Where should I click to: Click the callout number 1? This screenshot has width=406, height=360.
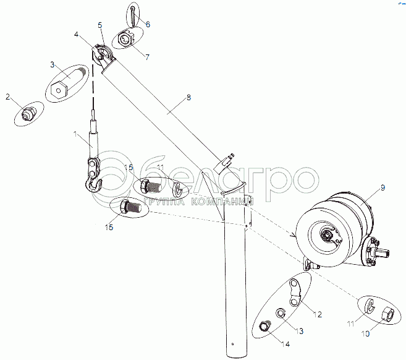(x=75, y=134)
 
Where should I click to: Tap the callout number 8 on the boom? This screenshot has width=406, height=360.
(x=188, y=97)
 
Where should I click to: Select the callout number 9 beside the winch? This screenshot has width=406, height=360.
(x=383, y=187)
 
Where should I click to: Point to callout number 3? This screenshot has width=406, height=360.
(x=53, y=64)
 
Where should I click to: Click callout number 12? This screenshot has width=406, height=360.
(x=317, y=315)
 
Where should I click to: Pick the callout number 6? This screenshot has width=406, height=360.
(x=147, y=23)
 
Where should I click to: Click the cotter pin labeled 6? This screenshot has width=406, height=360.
(x=135, y=12)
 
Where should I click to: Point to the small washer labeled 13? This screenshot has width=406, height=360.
(x=279, y=313)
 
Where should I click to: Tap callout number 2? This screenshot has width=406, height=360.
(x=8, y=97)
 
